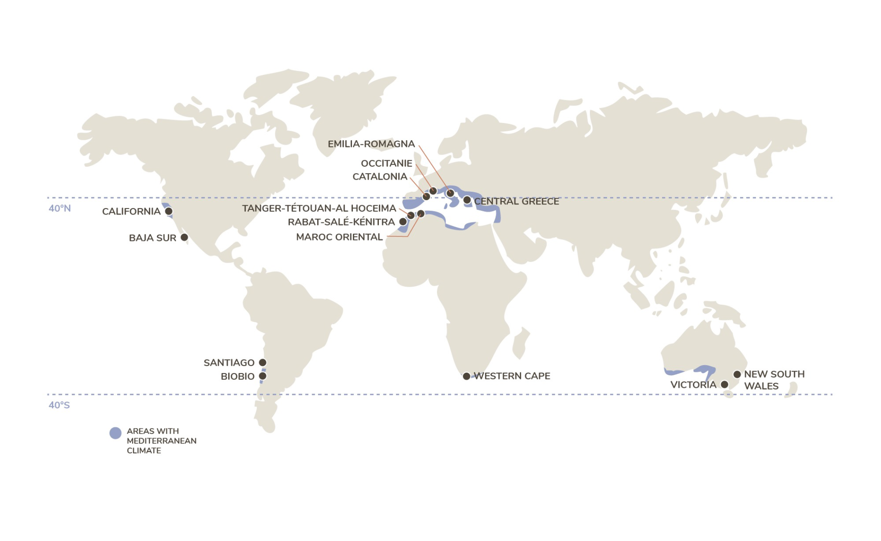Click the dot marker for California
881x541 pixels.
tap(169, 211)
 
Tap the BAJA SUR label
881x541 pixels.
tap(152, 238)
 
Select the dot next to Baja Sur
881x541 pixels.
tap(184, 238)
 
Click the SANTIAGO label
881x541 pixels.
tap(229, 363)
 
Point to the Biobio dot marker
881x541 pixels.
tap(263, 376)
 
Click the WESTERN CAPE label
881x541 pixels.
tap(512, 376)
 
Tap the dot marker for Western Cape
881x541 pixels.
tap(467, 376)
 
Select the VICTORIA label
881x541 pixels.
tap(693, 385)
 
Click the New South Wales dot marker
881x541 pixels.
tap(737, 374)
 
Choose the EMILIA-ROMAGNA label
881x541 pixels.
tap(371, 144)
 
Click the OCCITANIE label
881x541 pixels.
tap(386, 163)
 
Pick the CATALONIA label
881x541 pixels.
tap(380, 177)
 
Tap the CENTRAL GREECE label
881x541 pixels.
tap(516, 201)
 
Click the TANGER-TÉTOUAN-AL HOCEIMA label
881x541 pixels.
tap(319, 208)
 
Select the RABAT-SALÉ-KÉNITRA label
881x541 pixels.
tap(341, 222)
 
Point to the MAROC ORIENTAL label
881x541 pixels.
tap(339, 237)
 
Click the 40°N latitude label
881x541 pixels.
tap(60, 209)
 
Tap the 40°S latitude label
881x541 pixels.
tap(59, 405)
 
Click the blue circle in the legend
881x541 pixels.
tap(115, 433)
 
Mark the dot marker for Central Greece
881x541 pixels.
tap(467, 200)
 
